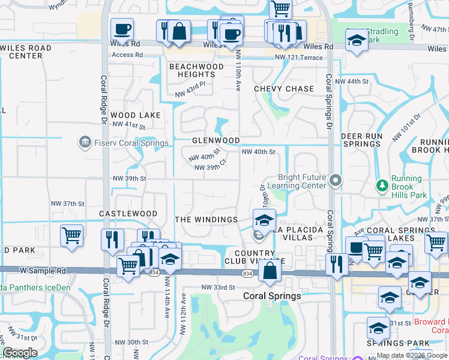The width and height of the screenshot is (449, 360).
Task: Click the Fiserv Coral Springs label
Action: tap(123, 143)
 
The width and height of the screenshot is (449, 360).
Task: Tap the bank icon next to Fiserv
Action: tap(85, 142)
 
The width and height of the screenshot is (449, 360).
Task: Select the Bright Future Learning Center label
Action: tap(302, 182)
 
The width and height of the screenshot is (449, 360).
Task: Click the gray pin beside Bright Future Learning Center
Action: tap(336, 180)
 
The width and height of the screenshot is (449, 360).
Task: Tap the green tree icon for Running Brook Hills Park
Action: tap(381, 186)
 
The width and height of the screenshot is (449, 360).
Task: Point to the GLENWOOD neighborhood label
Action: tap(216, 140)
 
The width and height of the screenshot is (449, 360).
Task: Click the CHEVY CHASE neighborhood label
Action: tap(284, 89)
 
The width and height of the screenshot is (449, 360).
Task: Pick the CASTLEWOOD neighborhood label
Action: tap(128, 214)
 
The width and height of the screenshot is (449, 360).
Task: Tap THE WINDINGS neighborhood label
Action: tap(206, 220)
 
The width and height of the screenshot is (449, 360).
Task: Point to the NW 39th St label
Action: tap(130, 179)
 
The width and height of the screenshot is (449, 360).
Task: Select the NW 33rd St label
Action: tap(218, 287)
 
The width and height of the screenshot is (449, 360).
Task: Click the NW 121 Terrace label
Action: tap(299, 58)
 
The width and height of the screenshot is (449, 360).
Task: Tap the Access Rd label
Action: tap(127, 55)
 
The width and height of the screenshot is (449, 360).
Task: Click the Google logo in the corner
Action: tap(20, 353)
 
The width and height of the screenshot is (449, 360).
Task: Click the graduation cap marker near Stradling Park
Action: tap(357, 40)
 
